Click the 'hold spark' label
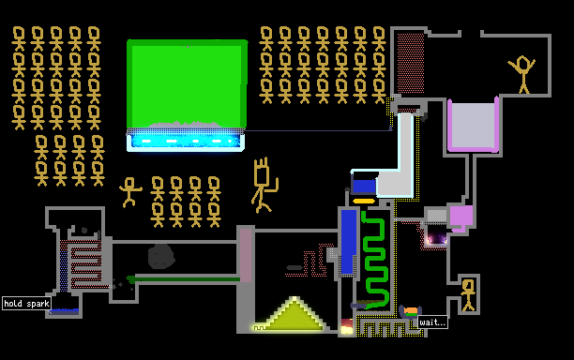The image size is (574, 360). tap(26, 304)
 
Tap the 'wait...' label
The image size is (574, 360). tap(432, 322)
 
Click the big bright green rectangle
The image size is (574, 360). tap(187, 83)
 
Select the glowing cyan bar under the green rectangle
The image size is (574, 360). tap(186, 141)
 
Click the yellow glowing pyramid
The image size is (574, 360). tap(293, 315)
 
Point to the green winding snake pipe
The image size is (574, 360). tap(374, 258)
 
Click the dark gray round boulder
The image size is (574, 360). tap(161, 256)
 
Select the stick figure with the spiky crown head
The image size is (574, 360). tap(264, 185)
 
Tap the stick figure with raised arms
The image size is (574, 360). tap(522, 74)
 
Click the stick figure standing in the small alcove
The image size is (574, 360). tap(468, 295)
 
